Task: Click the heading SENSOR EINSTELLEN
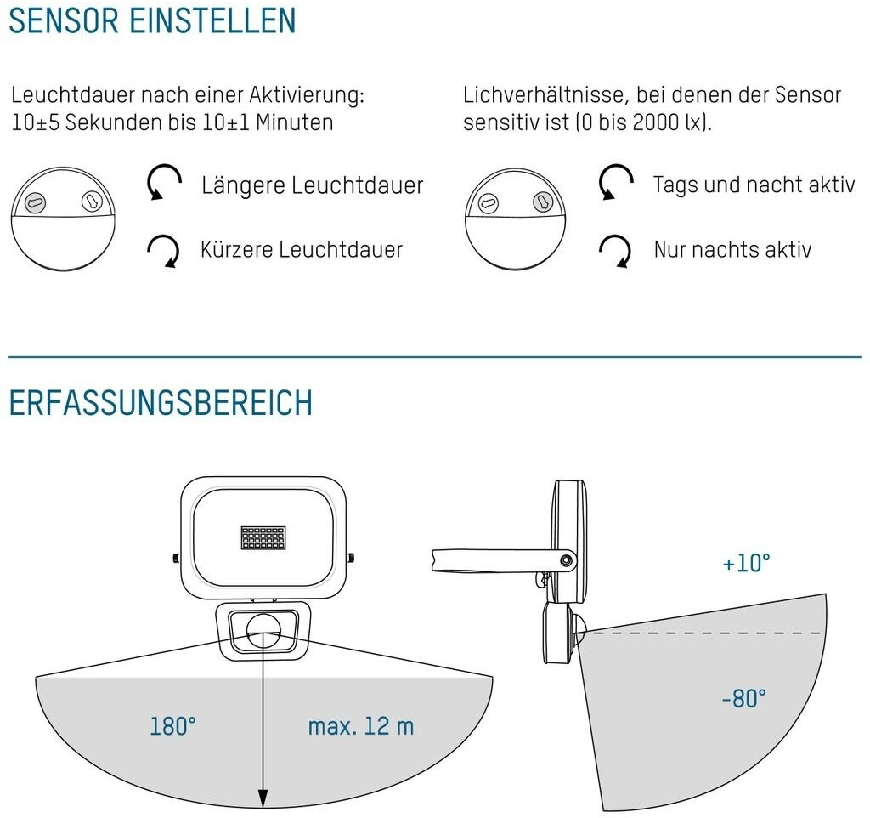point(152,20)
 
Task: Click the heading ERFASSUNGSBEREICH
point(161,403)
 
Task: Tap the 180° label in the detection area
point(173,726)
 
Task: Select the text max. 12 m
point(361,726)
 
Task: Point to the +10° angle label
point(747,563)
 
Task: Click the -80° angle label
point(744,699)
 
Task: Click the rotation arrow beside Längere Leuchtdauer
point(165,182)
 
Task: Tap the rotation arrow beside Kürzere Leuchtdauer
point(164,250)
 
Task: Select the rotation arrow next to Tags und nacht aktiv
point(616,182)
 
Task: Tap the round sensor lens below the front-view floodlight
point(263,629)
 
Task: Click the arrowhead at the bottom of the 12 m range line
point(263,799)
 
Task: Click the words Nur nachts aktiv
point(732,249)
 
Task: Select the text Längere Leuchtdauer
point(312,185)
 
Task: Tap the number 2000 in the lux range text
point(655,122)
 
